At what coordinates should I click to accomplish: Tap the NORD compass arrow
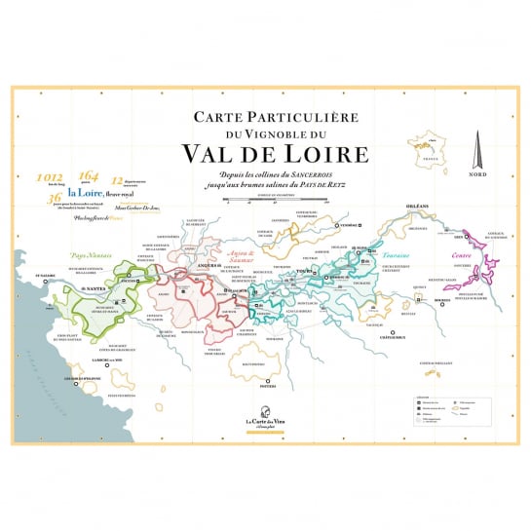tap(478, 151)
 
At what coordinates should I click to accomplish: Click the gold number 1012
tap(49, 178)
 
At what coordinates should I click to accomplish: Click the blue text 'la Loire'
tap(86, 193)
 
